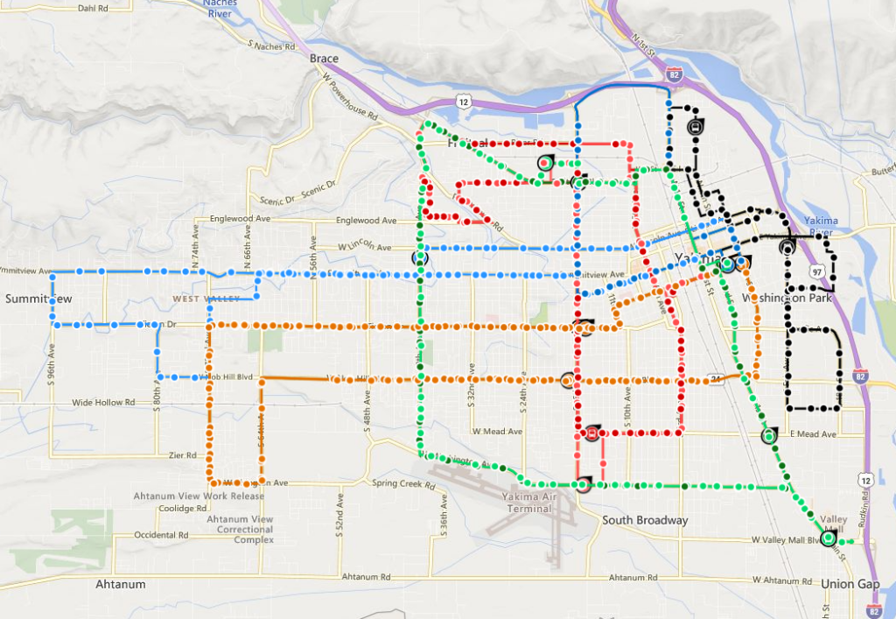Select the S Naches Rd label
[x=274, y=45]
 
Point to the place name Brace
[x=324, y=59]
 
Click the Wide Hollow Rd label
[x=103, y=403]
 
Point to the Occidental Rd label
[x=161, y=534]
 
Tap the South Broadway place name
[x=645, y=520]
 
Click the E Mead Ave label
[x=814, y=434]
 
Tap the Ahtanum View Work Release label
[x=199, y=496]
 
